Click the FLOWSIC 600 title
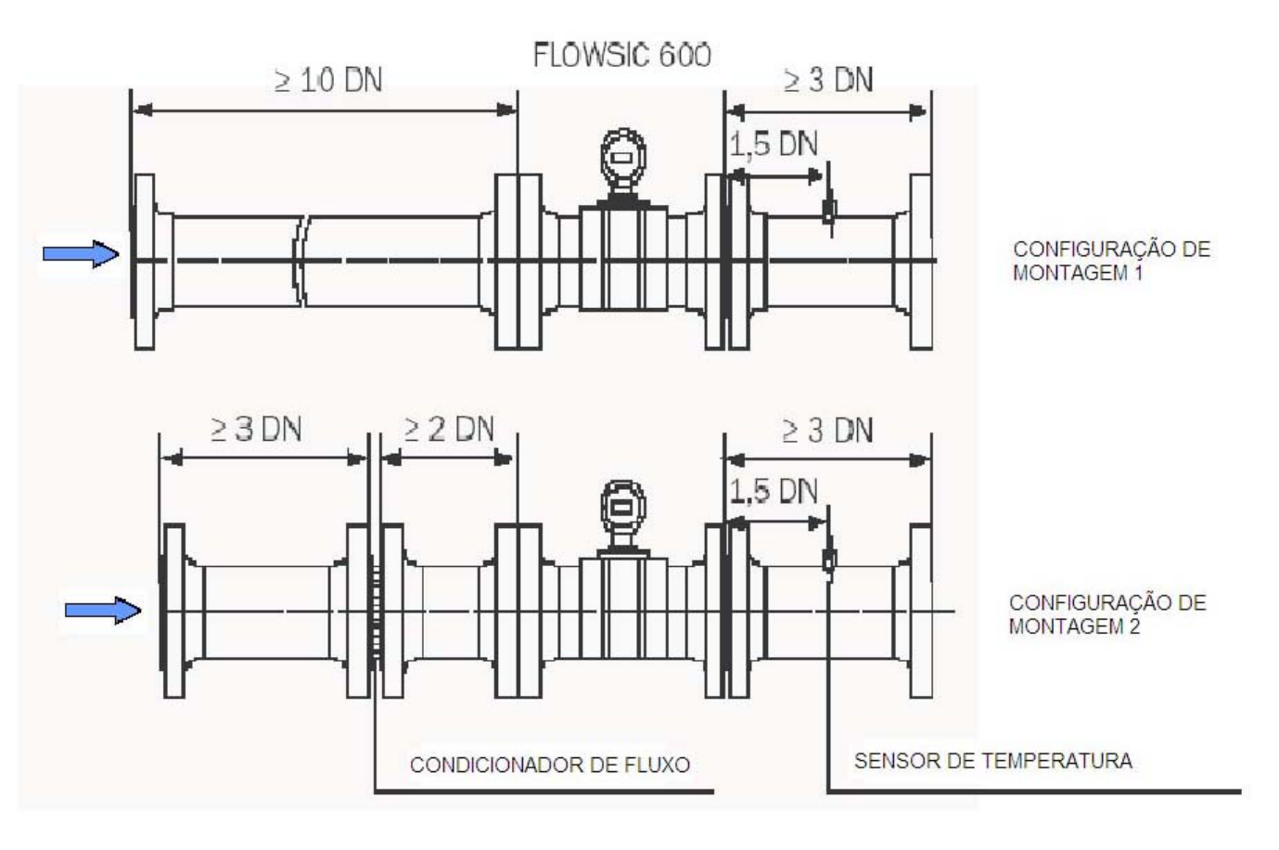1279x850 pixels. click(621, 56)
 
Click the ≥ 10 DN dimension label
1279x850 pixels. click(327, 80)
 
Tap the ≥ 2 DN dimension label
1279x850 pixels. click(449, 430)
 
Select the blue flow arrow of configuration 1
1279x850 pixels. click(81, 253)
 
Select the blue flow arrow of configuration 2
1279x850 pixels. click(103, 610)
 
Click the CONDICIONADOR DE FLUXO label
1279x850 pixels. click(550, 765)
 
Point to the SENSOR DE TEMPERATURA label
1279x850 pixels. click(993, 761)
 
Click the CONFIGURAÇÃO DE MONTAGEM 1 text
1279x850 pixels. click(1111, 261)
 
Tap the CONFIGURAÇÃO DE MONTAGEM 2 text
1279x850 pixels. click(1107, 614)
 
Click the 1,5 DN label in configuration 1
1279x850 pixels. click(774, 144)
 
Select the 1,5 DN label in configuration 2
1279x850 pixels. click(774, 492)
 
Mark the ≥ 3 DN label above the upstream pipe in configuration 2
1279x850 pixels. click(256, 430)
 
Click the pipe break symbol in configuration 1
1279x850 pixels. click(300, 261)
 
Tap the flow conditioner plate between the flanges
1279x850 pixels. click(375, 611)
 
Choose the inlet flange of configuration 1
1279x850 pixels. click(145, 262)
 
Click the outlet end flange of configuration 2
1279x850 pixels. click(921, 611)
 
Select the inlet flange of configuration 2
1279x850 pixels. click(174, 611)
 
